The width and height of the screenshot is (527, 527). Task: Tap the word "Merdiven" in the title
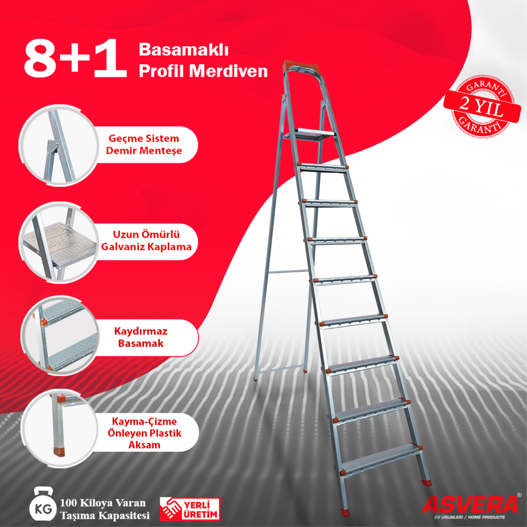click(228, 71)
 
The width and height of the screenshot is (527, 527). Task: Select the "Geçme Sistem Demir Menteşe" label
click(144, 145)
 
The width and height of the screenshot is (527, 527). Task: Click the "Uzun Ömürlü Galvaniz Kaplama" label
click(146, 241)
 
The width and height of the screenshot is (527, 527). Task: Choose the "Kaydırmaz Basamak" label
click(141, 338)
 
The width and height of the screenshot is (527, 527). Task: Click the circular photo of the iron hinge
click(59, 145)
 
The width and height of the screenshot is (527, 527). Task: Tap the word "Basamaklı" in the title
click(183, 50)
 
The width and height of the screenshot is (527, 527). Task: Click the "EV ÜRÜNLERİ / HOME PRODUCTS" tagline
click(470, 517)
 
